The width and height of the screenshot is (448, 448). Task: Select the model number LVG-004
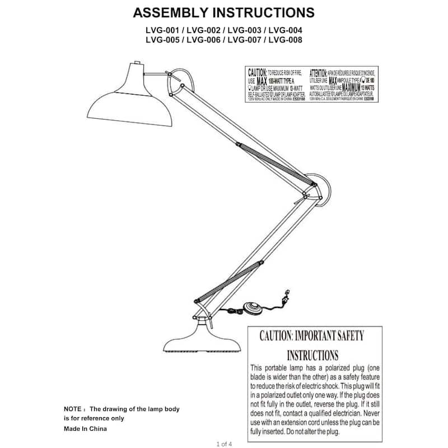point(287,30)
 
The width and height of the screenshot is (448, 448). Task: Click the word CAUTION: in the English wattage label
point(256,72)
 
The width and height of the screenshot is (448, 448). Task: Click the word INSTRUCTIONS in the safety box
point(312,355)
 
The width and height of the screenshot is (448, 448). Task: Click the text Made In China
point(85,428)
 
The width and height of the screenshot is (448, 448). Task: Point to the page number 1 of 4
point(223,444)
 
